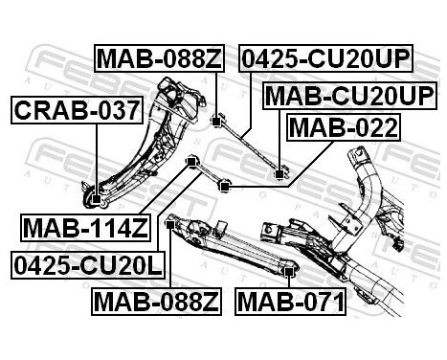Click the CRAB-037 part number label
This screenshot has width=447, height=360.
click(x=77, y=111)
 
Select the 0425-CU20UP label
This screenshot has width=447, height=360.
click(x=325, y=60)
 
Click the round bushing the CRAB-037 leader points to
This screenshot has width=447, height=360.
click(x=100, y=200)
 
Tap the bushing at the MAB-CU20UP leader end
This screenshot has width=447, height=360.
click(x=280, y=173)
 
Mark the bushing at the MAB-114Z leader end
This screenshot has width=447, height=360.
click(x=191, y=159)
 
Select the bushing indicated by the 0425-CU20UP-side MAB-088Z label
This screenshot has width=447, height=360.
click(x=217, y=118)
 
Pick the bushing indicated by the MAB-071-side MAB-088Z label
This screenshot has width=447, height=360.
click(x=170, y=223)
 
